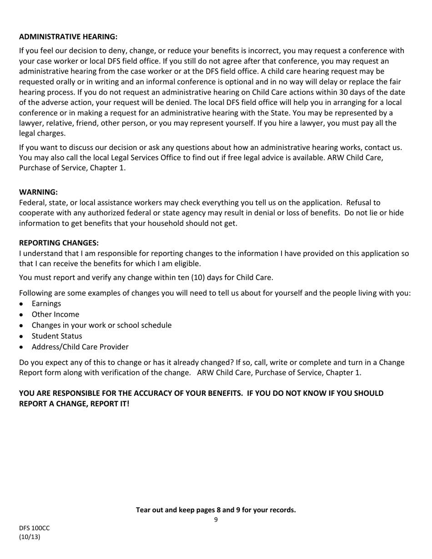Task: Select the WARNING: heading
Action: pyautogui.click(x=38, y=192)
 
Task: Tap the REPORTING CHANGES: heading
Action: pyautogui.click(x=59, y=243)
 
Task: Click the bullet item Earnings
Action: pyautogui.click(x=46, y=304)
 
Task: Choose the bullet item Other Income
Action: pyautogui.click(x=55, y=314)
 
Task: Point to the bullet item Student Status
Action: pyautogui.click(x=57, y=336)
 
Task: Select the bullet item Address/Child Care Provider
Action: pyautogui.click(x=80, y=347)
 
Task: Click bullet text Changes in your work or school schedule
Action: pyautogui.click(x=101, y=325)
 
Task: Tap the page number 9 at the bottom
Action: pyautogui.click(x=216, y=520)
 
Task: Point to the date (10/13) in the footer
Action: pyautogui.click(x=30, y=537)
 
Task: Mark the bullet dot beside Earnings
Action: pyautogui.click(x=21, y=304)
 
